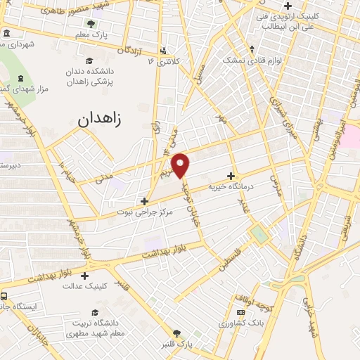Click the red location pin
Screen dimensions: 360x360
point(181,165)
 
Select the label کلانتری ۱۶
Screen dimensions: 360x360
point(164,61)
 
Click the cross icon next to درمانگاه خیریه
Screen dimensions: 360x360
point(231,176)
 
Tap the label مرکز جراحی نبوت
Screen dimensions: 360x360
point(144,210)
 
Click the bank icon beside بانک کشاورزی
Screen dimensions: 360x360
point(241,312)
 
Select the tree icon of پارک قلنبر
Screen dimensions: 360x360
point(176,334)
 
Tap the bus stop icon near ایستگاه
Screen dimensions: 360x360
point(4,296)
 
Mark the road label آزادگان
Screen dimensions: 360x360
point(132,51)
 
